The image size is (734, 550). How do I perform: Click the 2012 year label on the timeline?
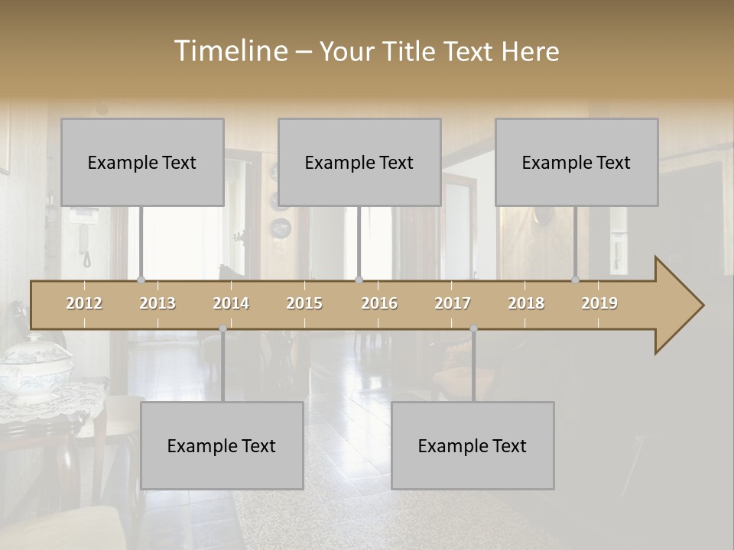(84, 303)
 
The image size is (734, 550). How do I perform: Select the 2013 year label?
(158, 303)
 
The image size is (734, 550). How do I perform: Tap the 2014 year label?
(231, 303)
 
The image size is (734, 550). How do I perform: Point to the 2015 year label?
(304, 303)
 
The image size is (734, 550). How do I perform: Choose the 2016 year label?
(379, 303)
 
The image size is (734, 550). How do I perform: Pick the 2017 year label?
(453, 303)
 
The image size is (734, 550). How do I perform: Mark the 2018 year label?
(526, 303)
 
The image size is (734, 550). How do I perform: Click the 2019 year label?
(599, 303)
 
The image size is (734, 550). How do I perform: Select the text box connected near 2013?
(142, 162)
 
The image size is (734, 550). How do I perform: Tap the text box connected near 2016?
(359, 162)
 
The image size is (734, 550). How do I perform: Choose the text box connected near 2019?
(576, 162)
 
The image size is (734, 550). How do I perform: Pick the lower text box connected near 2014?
(222, 445)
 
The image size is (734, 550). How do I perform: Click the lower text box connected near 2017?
(473, 445)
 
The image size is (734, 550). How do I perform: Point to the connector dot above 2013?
(141, 280)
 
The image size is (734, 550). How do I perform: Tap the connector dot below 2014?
(222, 328)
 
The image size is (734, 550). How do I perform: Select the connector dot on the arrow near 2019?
(575, 280)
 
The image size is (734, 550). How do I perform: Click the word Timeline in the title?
(230, 51)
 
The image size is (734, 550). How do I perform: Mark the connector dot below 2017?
(473, 328)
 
